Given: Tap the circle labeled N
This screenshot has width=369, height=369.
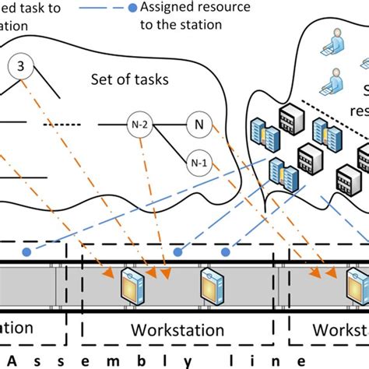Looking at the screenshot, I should click(197, 123).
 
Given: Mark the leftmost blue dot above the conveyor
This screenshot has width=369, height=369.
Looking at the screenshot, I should click(26, 252).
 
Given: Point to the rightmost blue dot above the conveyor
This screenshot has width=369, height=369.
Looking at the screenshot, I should click(227, 252).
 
